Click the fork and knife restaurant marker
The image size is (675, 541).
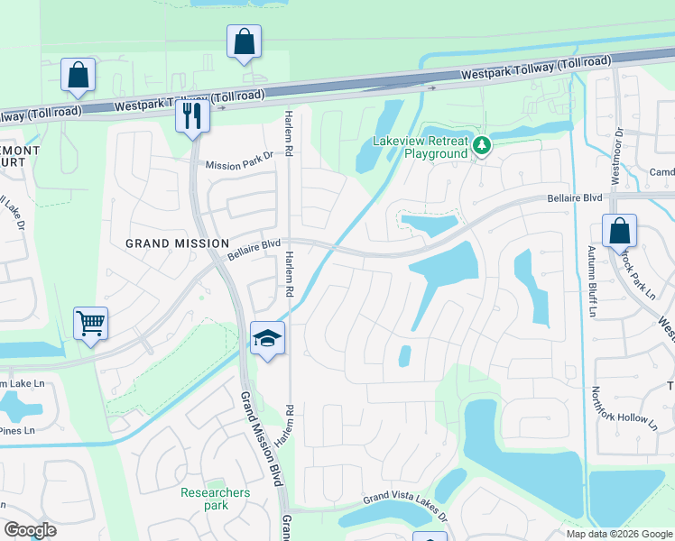(192, 115)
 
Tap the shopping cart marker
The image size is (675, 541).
(90, 322)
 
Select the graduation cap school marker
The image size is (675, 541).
(267, 338)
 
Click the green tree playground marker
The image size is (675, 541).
(483, 144)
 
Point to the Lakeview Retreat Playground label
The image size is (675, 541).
(422, 148)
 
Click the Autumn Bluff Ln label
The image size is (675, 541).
(593, 281)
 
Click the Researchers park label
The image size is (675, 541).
(215, 499)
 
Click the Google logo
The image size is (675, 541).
(30, 530)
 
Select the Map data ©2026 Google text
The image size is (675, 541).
(619, 534)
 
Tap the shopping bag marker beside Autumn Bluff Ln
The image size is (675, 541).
(620, 231)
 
